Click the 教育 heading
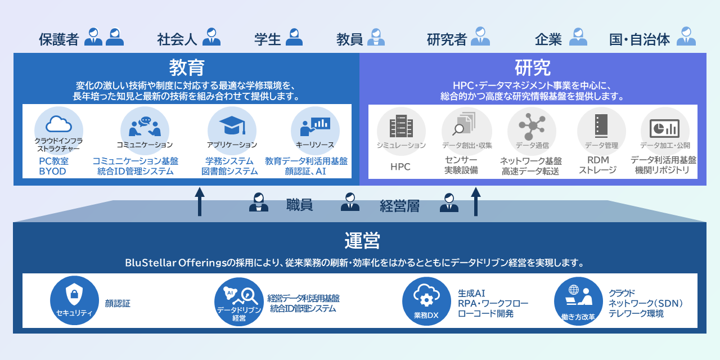tap(187, 67)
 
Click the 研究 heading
tap(532, 67)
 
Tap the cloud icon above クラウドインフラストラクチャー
tap(58, 124)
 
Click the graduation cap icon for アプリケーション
tap(232, 125)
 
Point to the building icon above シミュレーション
tap(401, 126)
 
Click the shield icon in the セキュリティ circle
tap(74, 294)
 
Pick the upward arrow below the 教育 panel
tap(200, 202)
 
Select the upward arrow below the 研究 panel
tap(476, 202)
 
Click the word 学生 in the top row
tap(268, 39)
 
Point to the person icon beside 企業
tap(578, 37)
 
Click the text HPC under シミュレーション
tap(400, 166)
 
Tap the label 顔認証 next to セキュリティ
tap(118, 303)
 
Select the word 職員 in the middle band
tap(299, 205)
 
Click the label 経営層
tap(399, 206)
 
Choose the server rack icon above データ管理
tap(601, 125)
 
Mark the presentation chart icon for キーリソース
tap(315, 127)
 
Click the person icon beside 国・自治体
tap(686, 36)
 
